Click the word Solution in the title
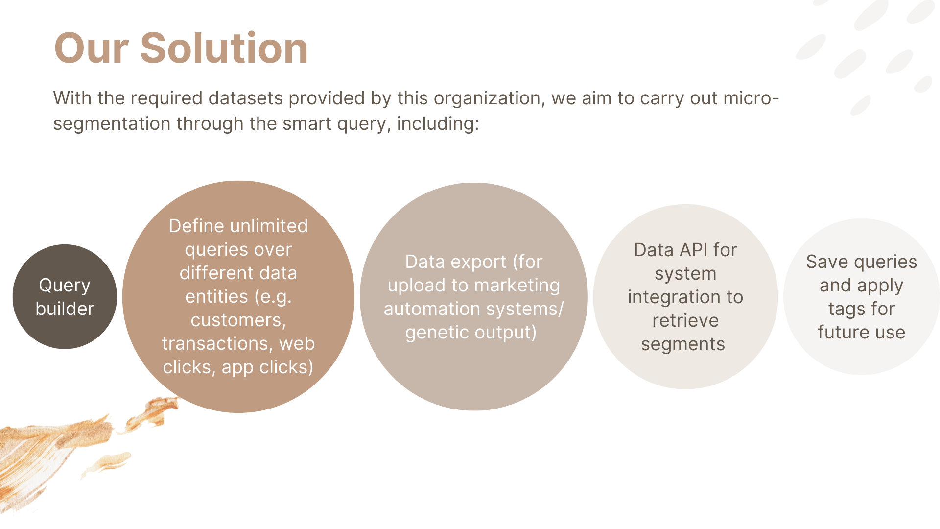[224, 48]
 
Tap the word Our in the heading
[92, 48]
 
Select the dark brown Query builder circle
[65, 297]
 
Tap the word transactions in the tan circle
[217, 344]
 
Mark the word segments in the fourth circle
[683, 345]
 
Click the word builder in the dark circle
[65, 309]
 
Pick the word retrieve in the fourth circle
[685, 321]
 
